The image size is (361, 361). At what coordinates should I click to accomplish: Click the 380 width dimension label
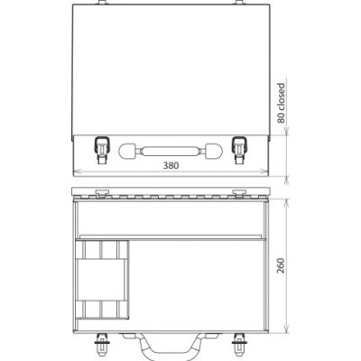pyautogui.click(x=171, y=166)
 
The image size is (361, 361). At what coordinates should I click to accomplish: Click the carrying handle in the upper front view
pyautogui.click(x=171, y=148)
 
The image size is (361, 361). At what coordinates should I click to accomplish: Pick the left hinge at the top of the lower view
pyautogui.click(x=102, y=192)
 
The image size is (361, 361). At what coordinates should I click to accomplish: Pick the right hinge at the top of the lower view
pyautogui.click(x=240, y=192)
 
